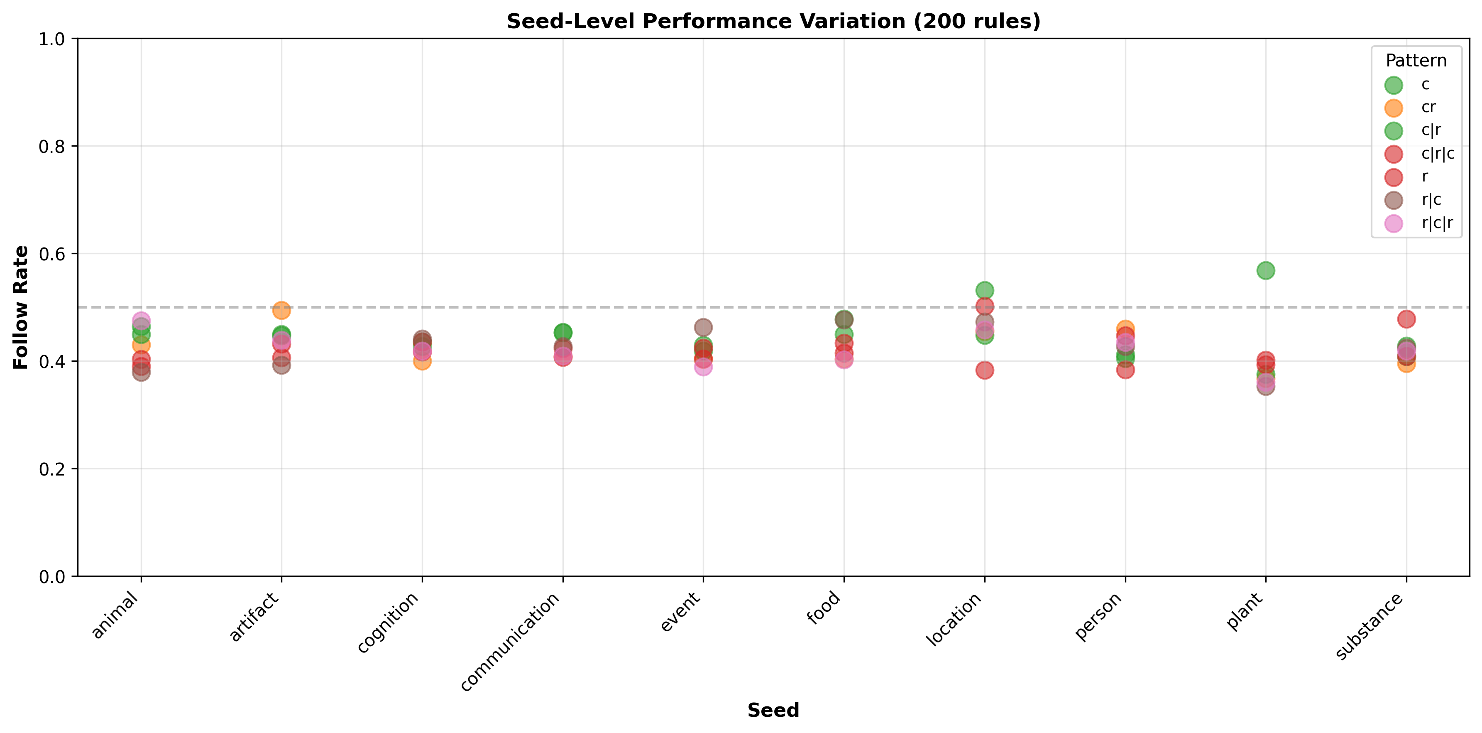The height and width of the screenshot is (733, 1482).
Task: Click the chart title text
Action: click(773, 21)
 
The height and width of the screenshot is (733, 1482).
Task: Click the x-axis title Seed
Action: click(773, 710)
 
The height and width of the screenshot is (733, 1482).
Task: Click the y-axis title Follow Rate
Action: click(21, 307)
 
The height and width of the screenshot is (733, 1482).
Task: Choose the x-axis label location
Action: click(954, 620)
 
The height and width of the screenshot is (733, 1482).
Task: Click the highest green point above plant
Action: click(1266, 270)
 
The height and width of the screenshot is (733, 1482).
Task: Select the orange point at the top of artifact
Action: click(281, 311)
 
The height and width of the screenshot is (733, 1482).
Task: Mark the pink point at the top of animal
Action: click(141, 321)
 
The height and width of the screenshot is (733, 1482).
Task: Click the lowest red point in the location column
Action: click(984, 370)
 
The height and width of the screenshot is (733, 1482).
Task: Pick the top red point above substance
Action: click(1406, 319)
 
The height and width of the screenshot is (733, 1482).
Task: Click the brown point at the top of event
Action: click(703, 327)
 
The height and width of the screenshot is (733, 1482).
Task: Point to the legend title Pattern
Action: click(1416, 60)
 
